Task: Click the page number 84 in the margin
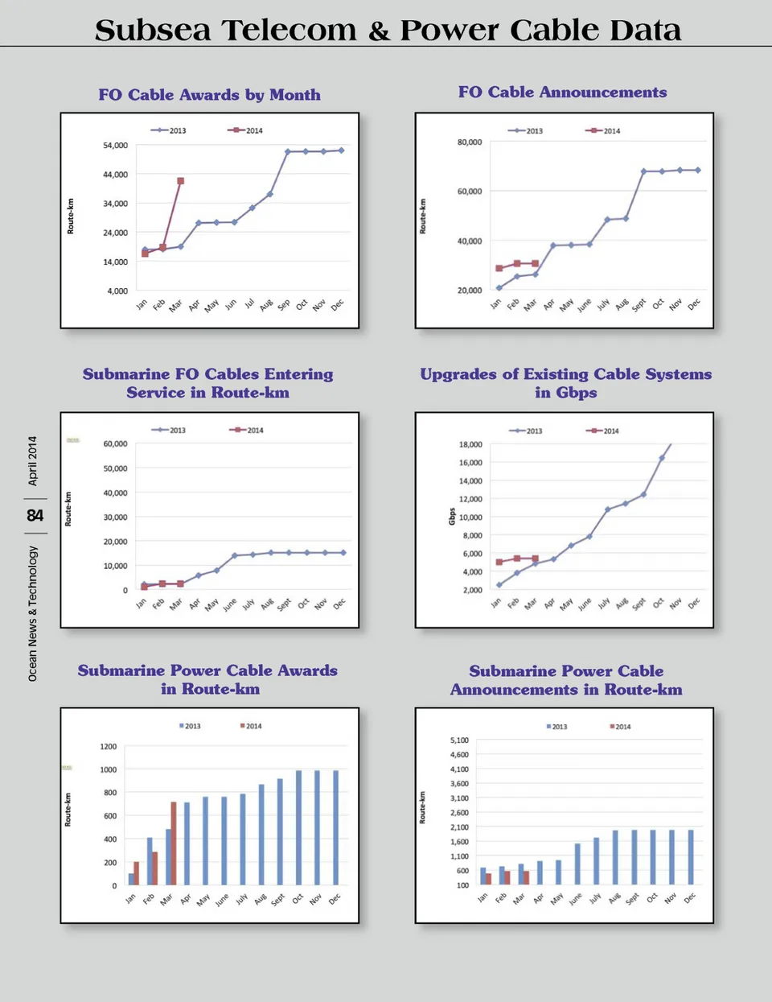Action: (35, 515)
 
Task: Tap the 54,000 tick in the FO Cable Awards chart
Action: (115, 146)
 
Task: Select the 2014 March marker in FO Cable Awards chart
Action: (180, 181)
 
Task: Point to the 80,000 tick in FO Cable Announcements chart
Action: (470, 142)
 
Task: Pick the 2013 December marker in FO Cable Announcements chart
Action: (697, 170)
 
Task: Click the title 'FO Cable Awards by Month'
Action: (209, 95)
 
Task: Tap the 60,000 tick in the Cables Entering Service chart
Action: (115, 443)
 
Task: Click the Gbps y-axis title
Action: (452, 517)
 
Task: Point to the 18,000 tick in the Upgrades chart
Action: (470, 444)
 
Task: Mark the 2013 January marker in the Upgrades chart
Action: (499, 585)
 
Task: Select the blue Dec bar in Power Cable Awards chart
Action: (335, 827)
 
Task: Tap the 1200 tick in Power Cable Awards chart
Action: (109, 747)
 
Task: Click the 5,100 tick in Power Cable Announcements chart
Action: (459, 740)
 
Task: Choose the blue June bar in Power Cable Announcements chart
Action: (577, 864)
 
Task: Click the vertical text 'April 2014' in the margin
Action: (33, 460)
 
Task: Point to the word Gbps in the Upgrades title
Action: (577, 393)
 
